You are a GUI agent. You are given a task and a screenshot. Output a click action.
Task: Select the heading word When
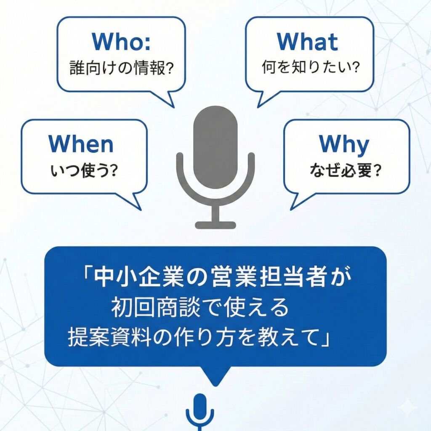coord(81,144)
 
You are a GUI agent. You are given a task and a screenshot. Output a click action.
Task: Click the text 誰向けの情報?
coord(121,69)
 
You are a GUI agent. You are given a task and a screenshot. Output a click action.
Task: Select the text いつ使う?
coord(83,171)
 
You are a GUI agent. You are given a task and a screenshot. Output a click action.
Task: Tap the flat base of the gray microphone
coord(215,225)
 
